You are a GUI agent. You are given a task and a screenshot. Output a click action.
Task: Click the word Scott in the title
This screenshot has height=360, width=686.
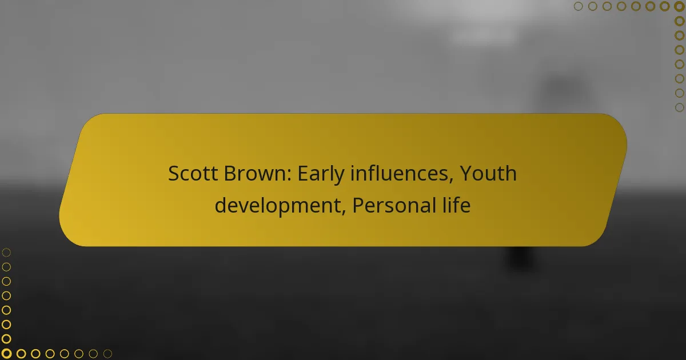(193, 173)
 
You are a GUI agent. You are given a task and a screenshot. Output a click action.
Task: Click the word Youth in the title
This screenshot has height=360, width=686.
(488, 173)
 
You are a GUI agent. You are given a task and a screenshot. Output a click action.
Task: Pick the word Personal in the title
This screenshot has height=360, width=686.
(394, 205)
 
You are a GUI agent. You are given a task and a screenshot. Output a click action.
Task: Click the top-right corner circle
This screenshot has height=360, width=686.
(680, 6)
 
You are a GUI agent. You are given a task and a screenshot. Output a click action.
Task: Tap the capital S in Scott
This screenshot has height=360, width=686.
(174, 173)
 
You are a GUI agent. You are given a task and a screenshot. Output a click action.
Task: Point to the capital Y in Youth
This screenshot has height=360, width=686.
(466, 173)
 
